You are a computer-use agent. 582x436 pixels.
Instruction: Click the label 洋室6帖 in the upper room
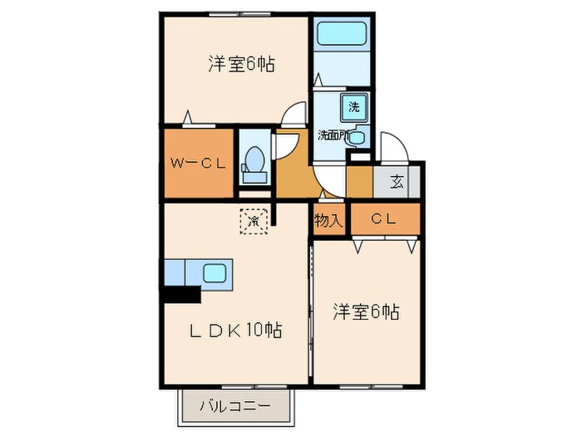pyautogui.click(x=241, y=63)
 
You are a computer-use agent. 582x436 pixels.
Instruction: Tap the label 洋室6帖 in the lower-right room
pyautogui.click(x=366, y=312)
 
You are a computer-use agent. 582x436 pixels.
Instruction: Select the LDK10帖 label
pyautogui.click(x=235, y=331)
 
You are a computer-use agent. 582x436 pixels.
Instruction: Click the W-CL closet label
pyautogui.click(x=198, y=164)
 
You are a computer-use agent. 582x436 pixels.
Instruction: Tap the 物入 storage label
pyautogui.click(x=328, y=220)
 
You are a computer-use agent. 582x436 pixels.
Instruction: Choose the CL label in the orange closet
pyautogui.click(x=382, y=219)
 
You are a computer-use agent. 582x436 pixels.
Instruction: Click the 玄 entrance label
pyautogui.click(x=397, y=182)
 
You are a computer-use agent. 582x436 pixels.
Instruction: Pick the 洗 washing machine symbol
pyautogui.click(x=354, y=106)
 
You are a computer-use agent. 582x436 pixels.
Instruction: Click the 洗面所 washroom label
pyautogui.click(x=333, y=135)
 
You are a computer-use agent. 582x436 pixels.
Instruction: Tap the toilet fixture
pyautogui.click(x=255, y=160)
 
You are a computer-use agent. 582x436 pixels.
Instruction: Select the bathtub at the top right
pyautogui.click(x=343, y=35)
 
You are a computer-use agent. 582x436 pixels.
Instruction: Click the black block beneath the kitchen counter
pyautogui.click(x=182, y=293)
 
